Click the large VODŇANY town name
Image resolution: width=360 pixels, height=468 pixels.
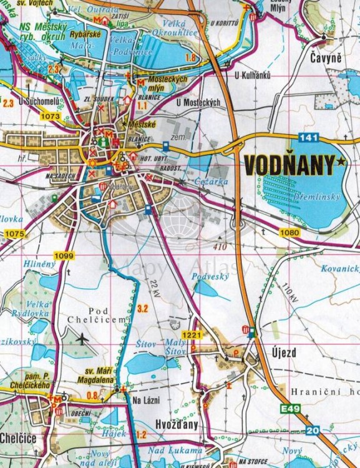tap(289, 165)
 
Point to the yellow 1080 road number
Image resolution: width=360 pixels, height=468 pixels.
tap(291, 233)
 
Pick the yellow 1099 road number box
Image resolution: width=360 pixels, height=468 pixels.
tap(64, 256)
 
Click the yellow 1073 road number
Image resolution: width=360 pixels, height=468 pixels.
tap(51, 115)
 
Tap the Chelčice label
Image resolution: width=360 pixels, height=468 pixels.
tap(18, 437)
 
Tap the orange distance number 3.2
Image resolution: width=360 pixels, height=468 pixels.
tap(143, 308)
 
